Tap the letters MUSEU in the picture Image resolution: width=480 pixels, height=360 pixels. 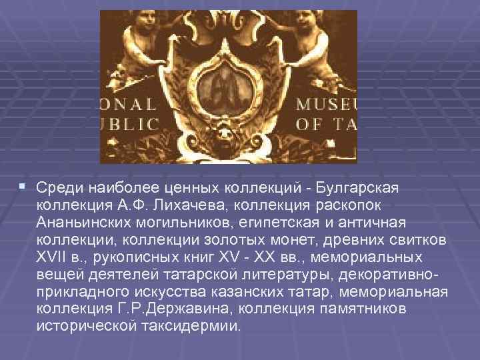tap(330, 103)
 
